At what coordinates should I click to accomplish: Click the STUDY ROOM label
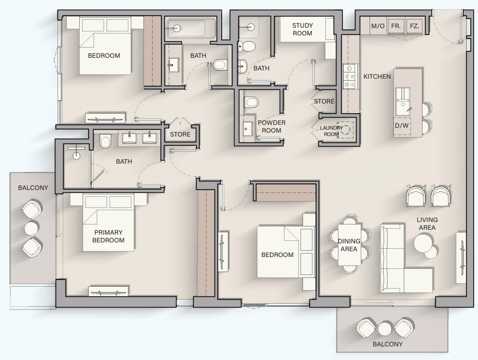click(x=302, y=29)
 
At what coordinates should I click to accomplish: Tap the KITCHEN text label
click(x=377, y=76)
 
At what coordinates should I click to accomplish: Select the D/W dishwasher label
click(x=402, y=125)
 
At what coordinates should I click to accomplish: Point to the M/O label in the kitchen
click(x=378, y=26)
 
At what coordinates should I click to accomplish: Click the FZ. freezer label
click(x=414, y=26)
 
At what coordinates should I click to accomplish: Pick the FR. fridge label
click(x=396, y=26)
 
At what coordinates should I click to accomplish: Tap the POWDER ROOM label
click(x=272, y=126)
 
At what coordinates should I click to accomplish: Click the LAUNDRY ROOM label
click(x=331, y=131)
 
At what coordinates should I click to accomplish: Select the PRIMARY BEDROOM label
click(x=108, y=236)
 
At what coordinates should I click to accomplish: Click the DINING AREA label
click(x=349, y=245)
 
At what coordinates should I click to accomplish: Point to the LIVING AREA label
click(x=427, y=223)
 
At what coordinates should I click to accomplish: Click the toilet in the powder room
click(x=251, y=102)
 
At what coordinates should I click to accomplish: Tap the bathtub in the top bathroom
click(x=191, y=28)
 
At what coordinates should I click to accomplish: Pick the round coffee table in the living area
click(x=424, y=243)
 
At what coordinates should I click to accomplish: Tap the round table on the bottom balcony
click(x=385, y=329)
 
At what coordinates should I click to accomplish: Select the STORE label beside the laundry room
click(x=324, y=101)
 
